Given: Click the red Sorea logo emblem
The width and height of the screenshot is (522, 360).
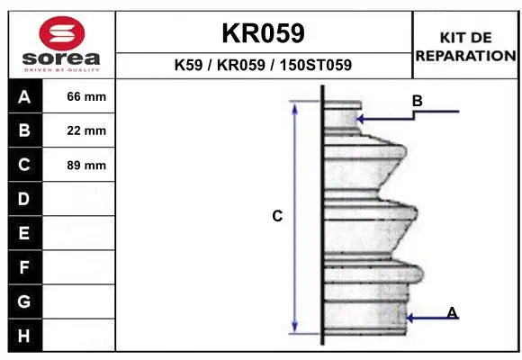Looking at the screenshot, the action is [x=62, y=33].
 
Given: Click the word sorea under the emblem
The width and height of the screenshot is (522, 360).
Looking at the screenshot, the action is [x=61, y=58].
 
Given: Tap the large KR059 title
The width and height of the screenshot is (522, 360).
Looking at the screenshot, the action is [x=263, y=33].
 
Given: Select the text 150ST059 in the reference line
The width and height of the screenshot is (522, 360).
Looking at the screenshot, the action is [x=316, y=65].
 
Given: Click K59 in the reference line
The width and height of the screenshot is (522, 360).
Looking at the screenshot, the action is [x=188, y=65].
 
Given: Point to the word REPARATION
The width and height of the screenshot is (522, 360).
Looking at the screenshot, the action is [x=465, y=56].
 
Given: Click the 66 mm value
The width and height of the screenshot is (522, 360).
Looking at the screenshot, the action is [x=86, y=96].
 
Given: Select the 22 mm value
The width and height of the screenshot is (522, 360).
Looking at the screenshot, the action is [x=86, y=130].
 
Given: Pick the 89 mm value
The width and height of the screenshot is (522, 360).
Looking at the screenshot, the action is [x=86, y=166].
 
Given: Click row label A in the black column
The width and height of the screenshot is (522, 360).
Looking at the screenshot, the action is [x=24, y=97].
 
